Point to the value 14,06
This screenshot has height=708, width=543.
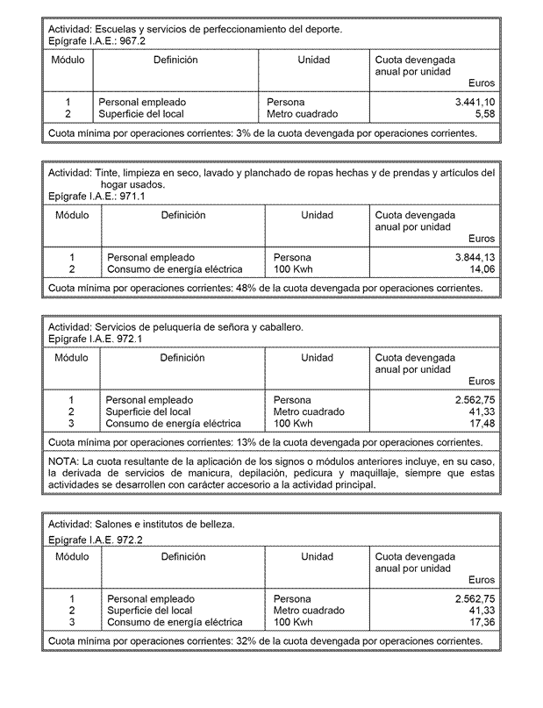[x=482, y=269]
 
